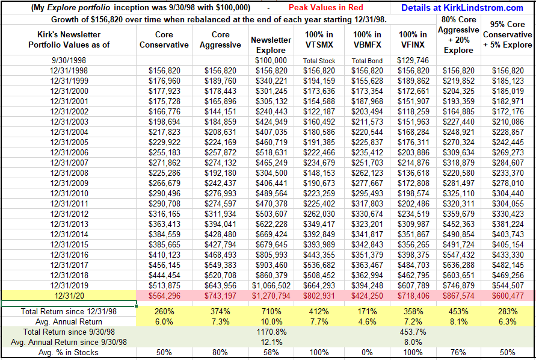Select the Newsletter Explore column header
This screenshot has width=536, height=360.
[x=271, y=45]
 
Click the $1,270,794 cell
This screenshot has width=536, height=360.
[x=271, y=295]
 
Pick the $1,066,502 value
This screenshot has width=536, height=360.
[x=271, y=284]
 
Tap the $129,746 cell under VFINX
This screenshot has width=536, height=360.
[x=413, y=61]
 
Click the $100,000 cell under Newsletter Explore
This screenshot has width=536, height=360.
[x=271, y=61]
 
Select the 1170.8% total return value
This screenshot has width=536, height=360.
[x=271, y=332]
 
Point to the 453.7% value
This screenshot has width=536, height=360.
[x=413, y=332]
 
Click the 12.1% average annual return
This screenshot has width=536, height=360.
[x=271, y=342]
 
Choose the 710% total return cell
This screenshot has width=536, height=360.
[x=271, y=311]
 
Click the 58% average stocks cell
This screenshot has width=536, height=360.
[x=271, y=352]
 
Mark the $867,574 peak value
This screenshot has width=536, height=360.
[x=459, y=295]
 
